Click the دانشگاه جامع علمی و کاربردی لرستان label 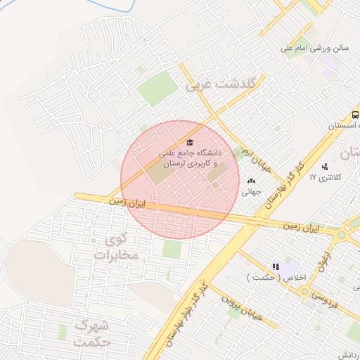(191, 157)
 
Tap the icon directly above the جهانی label (252, 181)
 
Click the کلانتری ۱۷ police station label (324, 176)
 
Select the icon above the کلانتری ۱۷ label (324, 167)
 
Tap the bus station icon (356, 115)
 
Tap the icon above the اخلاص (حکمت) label (276, 267)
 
